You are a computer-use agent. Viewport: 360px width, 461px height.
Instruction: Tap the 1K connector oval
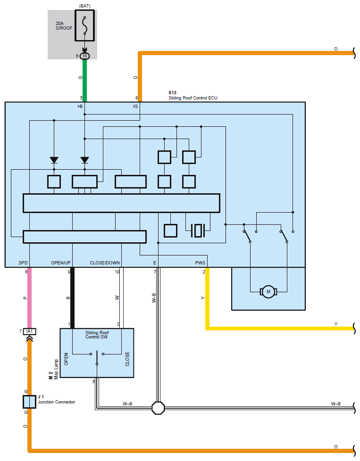pyautogui.click(x=85, y=56)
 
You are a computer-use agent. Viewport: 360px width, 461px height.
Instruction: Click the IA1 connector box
pyautogui.click(x=30, y=332)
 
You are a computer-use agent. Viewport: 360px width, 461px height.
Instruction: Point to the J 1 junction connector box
pyautogui.click(x=29, y=402)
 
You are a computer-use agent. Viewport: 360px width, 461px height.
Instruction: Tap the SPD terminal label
pyautogui.click(x=24, y=263)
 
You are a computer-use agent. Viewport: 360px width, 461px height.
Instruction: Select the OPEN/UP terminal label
pyautogui.click(x=61, y=263)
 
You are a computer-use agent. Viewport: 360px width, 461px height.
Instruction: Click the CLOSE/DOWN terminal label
pyautogui.click(x=105, y=263)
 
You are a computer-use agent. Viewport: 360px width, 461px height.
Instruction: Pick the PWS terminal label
pyautogui.click(x=201, y=263)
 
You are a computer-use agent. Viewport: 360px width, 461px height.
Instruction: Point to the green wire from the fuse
pyautogui.click(x=85, y=80)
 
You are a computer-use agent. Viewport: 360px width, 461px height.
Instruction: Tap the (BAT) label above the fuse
pyautogui.click(x=85, y=6)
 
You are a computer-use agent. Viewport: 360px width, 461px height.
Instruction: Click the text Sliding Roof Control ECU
pyautogui.click(x=193, y=98)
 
